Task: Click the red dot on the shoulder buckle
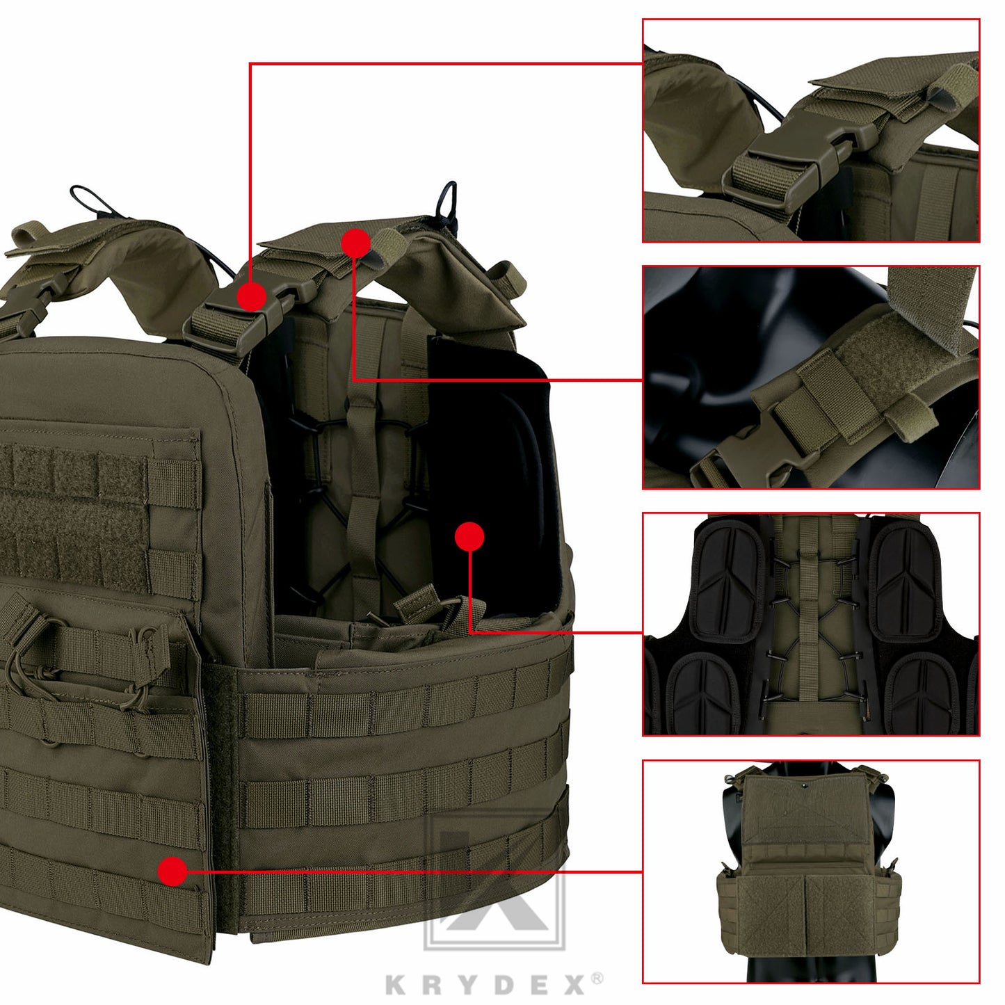click(251, 296)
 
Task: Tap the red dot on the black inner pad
click(469, 537)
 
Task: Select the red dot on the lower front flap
click(172, 871)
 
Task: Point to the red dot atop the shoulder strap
click(355, 243)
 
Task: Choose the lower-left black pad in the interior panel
click(704, 691)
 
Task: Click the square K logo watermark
click(495, 880)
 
